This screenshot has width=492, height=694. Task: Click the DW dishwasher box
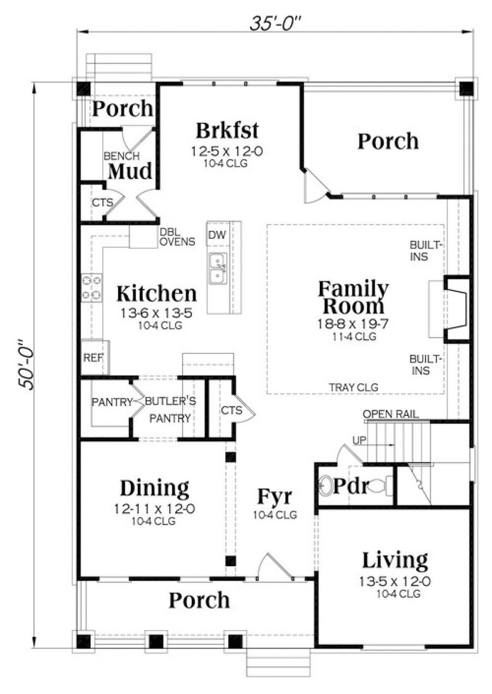217,234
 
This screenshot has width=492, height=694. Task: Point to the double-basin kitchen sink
217,269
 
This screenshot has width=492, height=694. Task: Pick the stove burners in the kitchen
91,287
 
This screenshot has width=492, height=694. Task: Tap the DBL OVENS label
177,237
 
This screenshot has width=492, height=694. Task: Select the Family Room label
354,296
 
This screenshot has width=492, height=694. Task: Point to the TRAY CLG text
354,387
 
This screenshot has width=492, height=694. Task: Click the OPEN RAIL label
391,414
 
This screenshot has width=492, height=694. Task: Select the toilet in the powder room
383,485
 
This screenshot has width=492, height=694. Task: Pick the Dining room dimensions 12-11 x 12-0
154,510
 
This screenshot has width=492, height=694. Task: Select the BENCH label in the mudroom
121,156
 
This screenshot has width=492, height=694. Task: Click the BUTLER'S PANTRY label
169,409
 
